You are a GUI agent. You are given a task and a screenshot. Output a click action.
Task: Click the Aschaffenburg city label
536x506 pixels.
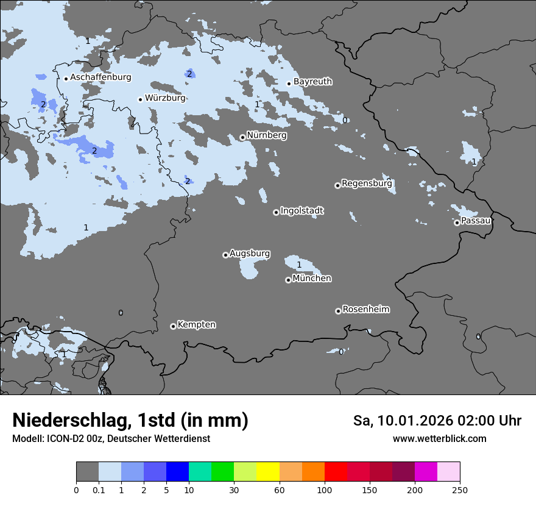(100, 77)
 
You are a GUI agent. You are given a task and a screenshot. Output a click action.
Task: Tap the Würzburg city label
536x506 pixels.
(165, 98)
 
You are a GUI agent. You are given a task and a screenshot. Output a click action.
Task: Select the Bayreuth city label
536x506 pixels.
(312, 81)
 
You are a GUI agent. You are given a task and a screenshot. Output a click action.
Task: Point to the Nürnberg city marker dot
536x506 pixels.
(242, 137)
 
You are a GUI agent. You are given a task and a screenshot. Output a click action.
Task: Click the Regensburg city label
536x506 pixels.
(367, 183)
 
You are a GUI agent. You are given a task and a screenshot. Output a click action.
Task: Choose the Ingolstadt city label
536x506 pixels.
(301, 211)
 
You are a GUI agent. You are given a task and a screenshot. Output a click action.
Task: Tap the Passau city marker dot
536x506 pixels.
(457, 223)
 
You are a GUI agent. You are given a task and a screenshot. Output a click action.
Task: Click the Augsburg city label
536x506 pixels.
(250, 253)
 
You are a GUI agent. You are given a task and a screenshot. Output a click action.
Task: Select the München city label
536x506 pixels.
(312, 278)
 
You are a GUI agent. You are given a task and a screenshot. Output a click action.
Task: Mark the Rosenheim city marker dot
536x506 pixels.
(338, 311)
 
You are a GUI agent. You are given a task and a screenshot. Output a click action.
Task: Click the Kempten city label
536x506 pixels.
(196, 324)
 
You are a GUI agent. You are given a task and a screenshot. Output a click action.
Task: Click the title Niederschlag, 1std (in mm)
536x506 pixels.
(130, 420)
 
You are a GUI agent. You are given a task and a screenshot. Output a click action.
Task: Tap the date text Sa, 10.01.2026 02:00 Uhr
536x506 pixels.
(437, 421)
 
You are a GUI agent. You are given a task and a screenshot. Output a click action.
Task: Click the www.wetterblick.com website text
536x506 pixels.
(439, 439)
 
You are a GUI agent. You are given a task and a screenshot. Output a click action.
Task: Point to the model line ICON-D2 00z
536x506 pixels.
(111, 439)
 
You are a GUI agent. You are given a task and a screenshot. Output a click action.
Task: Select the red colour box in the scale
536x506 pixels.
(336, 472)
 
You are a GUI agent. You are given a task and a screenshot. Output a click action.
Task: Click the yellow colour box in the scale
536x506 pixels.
(268, 472)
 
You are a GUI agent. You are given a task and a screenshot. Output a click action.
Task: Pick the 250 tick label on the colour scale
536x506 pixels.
(460, 490)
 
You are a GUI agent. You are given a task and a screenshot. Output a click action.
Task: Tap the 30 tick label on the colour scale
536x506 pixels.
(234, 490)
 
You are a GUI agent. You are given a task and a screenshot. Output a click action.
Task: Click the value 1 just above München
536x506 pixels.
(299, 265)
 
